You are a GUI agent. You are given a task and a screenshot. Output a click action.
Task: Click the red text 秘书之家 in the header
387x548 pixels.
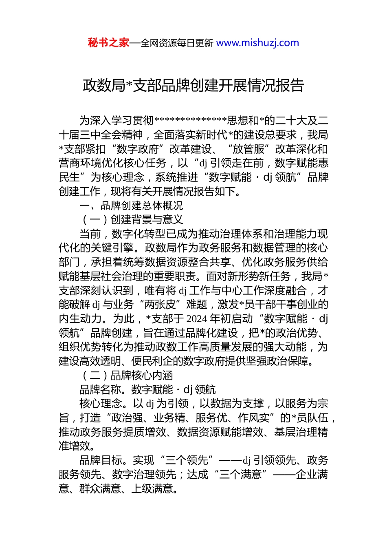(108, 43)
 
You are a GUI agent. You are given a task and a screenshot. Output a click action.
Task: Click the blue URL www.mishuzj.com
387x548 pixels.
(257, 43)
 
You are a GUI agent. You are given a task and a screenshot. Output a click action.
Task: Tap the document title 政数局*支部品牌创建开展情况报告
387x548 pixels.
(193, 86)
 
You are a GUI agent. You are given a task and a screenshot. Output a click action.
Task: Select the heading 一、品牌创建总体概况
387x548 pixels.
(131, 205)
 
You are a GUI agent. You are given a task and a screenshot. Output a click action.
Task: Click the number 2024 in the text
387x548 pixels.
(197, 319)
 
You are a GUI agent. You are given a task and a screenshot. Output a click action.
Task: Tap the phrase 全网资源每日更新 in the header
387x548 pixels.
(177, 43)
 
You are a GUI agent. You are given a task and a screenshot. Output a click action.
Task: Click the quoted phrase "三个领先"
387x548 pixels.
(187, 460)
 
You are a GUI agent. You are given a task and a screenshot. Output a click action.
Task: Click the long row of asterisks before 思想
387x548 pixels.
(191, 121)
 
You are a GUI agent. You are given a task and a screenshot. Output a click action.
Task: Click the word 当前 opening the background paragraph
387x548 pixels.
(90, 234)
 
